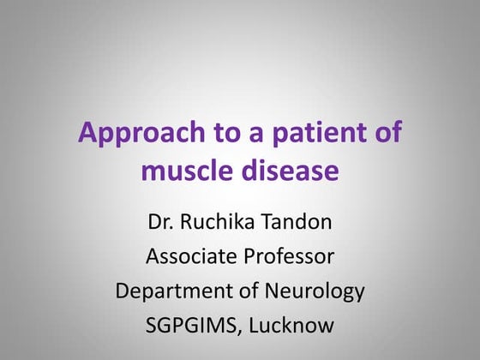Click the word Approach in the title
[x=133, y=135]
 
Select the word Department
[x=172, y=291]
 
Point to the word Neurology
[x=311, y=291]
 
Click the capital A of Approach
[x=87, y=134]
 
